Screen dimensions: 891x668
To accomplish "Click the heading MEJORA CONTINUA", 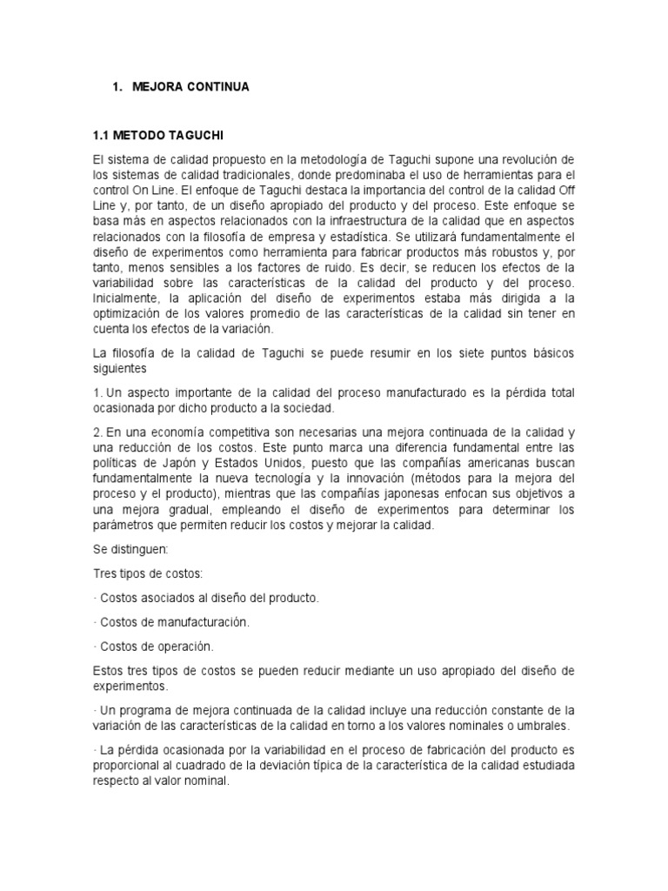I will (190, 87).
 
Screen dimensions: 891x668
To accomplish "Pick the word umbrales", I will (543, 726).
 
